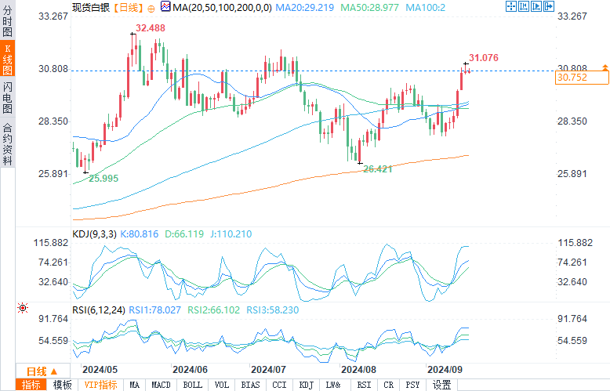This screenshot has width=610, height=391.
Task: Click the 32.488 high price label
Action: [x=150, y=28]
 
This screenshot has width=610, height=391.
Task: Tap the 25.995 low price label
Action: [x=103, y=179]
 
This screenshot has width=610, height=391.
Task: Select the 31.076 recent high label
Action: [x=483, y=58]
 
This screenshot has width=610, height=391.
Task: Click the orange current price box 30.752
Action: [x=581, y=77]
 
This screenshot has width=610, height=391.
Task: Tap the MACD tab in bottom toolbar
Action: [x=161, y=385]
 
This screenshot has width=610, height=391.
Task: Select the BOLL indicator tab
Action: [x=192, y=385]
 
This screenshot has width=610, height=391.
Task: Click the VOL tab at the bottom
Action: [x=222, y=385]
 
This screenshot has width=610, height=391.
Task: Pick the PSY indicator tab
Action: [x=412, y=385]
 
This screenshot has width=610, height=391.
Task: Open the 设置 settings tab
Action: [x=442, y=385]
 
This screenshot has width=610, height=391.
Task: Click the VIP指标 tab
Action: [x=100, y=385]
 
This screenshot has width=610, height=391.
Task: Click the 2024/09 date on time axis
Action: [x=442, y=369]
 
